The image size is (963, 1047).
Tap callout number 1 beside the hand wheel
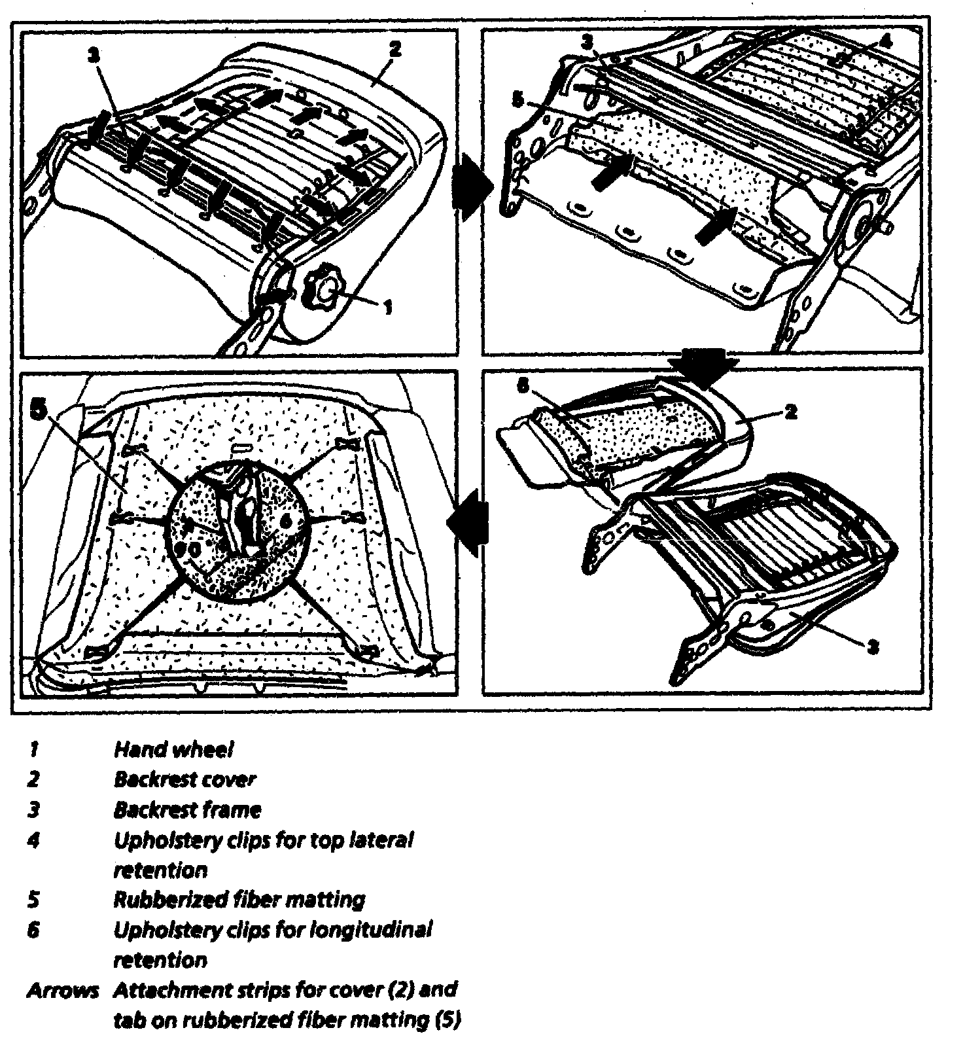pyautogui.click(x=387, y=306)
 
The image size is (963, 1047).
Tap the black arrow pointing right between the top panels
pyautogui.click(x=471, y=186)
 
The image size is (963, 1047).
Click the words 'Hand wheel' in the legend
pyautogui.click(x=173, y=749)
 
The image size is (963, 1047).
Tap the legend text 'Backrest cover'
pyautogui.click(x=184, y=779)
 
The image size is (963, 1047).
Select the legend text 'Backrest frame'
pyautogui.click(x=187, y=810)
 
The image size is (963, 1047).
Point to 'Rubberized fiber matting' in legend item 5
pyautogui.click(x=239, y=900)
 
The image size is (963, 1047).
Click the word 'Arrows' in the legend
pyautogui.click(x=62, y=990)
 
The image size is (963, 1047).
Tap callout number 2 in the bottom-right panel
pyautogui.click(x=790, y=412)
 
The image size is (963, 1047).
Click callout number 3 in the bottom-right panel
pyautogui.click(x=872, y=648)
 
